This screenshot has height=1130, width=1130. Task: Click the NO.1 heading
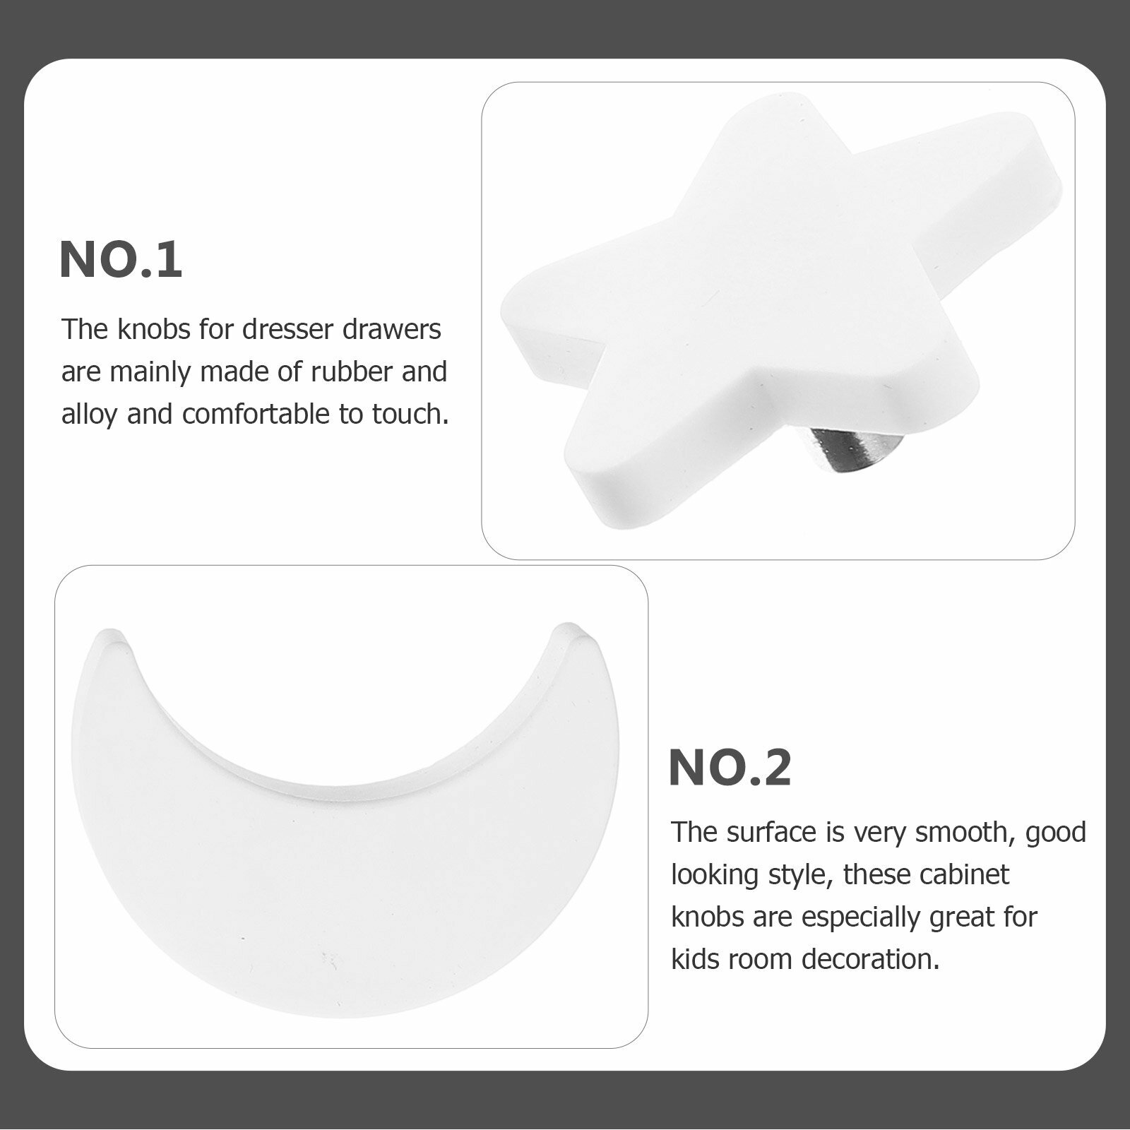tap(121, 260)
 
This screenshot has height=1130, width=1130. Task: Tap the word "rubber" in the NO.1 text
tap(350, 371)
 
